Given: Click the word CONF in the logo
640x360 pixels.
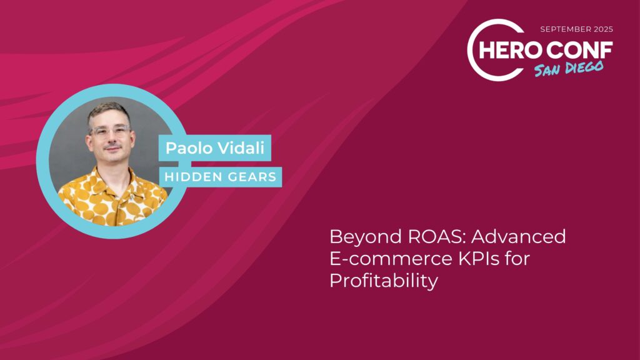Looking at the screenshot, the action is coord(579,50).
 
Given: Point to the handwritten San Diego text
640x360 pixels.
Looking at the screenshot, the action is coord(569,69).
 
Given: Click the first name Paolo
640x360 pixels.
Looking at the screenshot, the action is coord(187,147).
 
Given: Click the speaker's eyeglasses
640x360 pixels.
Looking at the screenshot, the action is coord(109,131).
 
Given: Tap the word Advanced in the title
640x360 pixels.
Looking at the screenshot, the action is coord(518,236).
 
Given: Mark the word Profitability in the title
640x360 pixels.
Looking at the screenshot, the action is coord(384,281).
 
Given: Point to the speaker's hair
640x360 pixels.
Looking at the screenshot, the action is coord(109,112).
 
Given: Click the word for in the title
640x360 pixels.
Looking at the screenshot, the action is coord(517,258).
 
